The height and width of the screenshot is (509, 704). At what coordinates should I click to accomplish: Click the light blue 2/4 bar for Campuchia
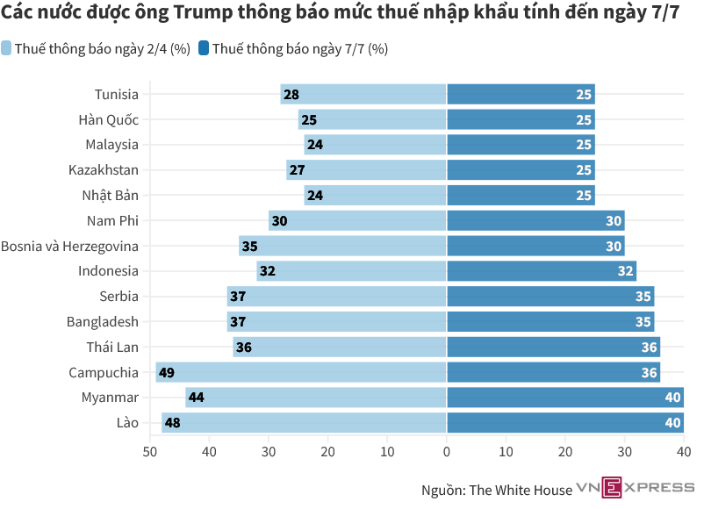coord(301,373)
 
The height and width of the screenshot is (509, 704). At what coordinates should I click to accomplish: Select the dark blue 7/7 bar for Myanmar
coord(565,398)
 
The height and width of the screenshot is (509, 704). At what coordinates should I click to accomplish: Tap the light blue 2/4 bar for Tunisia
coord(363,95)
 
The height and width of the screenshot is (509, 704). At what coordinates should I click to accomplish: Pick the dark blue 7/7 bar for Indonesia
coord(542,271)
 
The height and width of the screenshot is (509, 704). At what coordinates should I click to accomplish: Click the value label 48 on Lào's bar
coord(173,423)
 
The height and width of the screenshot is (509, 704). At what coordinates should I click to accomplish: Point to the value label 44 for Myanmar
coord(197,398)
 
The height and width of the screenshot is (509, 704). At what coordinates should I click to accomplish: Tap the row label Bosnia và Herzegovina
coord(69,247)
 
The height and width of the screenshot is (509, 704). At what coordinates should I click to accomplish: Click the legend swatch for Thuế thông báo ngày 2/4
coord(7,49)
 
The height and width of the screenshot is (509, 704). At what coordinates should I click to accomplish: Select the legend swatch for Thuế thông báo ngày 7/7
coord(204,49)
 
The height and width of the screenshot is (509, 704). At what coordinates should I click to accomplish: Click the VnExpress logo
coord(635,487)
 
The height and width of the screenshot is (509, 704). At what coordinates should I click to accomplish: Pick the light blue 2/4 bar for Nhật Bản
coord(375,196)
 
